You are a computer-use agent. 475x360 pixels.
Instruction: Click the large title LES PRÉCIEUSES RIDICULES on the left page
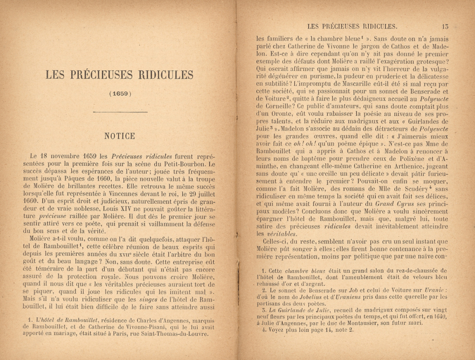tap(119, 75)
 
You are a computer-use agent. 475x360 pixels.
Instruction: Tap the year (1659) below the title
tap(119, 93)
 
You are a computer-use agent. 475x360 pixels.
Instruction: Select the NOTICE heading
tap(119, 136)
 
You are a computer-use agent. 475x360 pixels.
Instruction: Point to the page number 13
tap(444, 27)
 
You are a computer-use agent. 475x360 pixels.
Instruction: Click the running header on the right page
tap(352, 27)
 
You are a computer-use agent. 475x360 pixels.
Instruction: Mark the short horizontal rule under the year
tap(119, 113)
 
